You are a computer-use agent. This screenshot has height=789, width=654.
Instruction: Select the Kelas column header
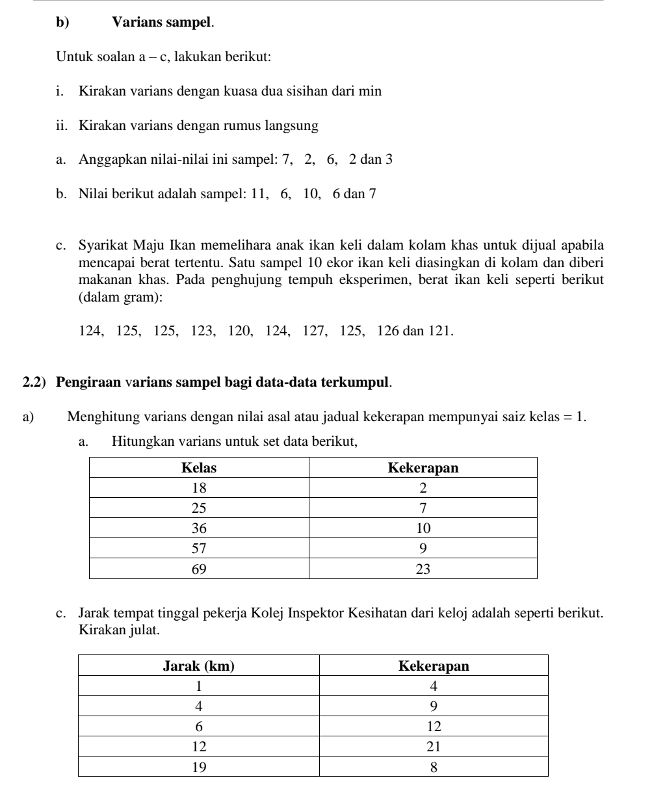(198, 468)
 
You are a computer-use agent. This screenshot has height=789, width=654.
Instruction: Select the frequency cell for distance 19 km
(434, 766)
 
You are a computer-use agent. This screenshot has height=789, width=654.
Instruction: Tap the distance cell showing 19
(198, 766)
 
